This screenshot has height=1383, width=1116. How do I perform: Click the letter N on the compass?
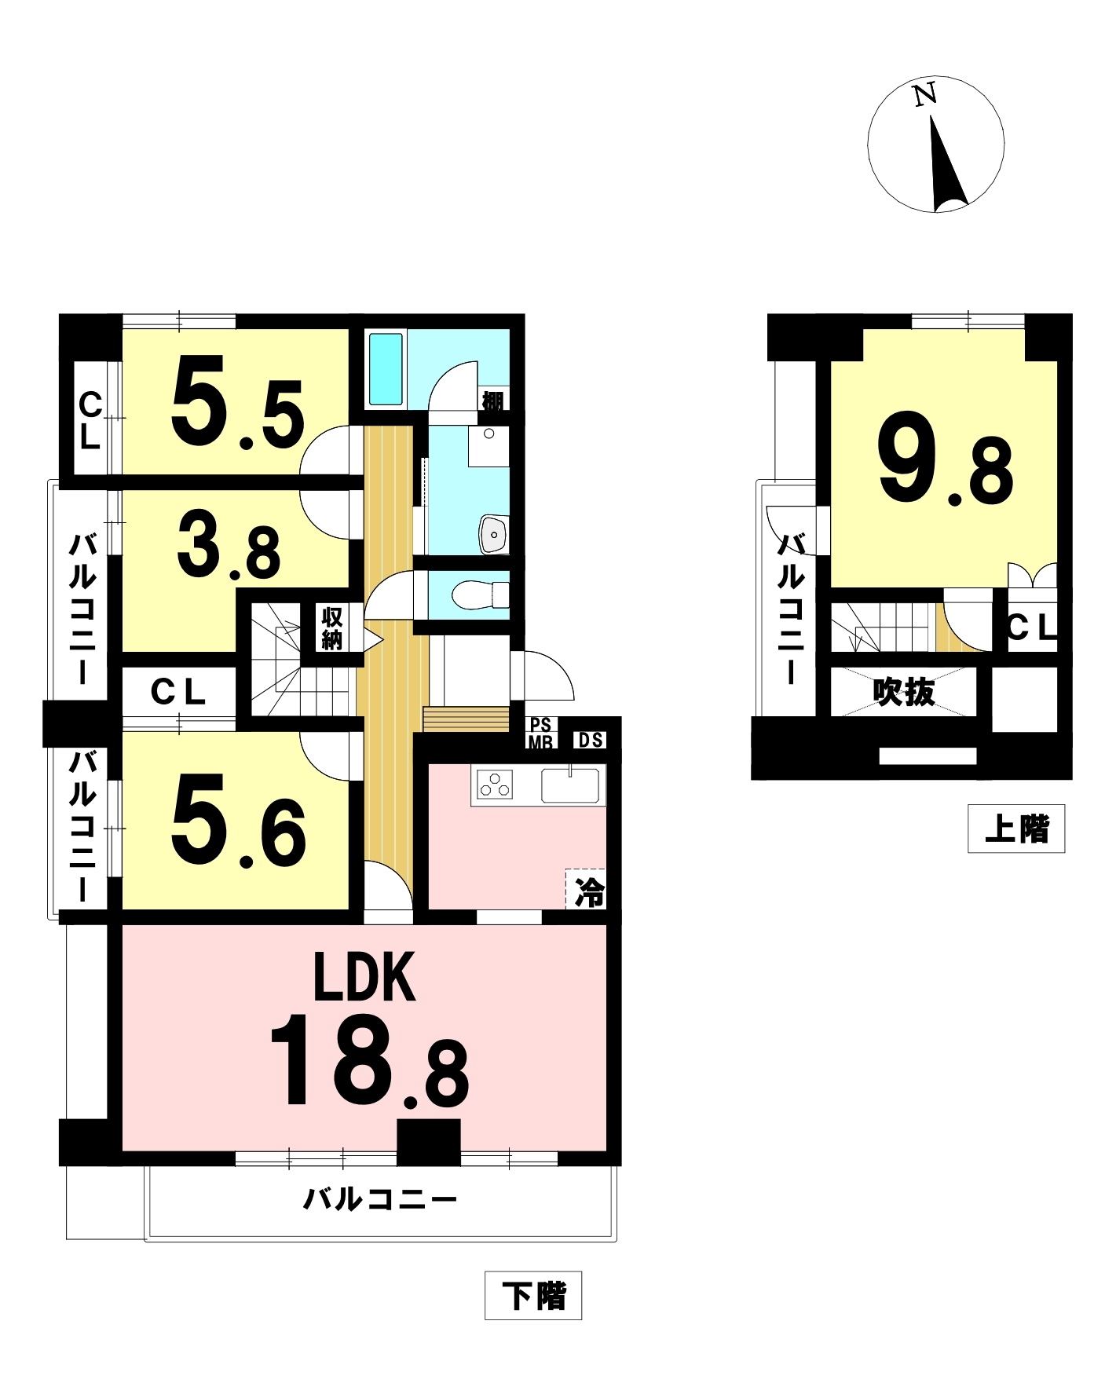point(925,94)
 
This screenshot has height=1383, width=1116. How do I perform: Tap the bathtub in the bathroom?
point(386,369)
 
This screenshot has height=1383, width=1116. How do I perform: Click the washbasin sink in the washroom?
point(494,535)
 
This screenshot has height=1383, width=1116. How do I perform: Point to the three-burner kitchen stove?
point(495,785)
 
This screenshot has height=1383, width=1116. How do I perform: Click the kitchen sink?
point(570,785)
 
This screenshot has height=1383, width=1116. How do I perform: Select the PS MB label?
point(541,733)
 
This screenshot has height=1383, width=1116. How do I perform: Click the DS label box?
point(591,740)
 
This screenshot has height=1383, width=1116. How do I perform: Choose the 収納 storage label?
point(331,627)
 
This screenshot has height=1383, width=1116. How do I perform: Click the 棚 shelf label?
point(492,401)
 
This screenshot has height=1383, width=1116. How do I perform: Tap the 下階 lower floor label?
point(533,1295)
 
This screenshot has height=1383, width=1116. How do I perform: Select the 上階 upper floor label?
point(1016,829)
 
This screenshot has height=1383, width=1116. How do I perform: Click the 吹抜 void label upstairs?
point(904,692)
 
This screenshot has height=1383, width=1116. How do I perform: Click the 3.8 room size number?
point(229,545)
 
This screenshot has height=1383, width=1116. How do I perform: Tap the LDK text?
point(364,977)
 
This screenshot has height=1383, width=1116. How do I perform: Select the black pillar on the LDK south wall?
point(428,1142)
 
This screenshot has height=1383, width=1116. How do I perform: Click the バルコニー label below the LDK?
point(380,1199)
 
